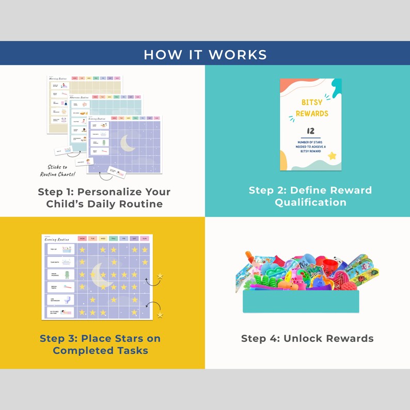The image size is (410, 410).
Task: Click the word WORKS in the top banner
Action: pyautogui.click(x=239, y=54)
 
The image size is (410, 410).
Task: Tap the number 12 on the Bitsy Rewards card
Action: pyautogui.click(x=310, y=131)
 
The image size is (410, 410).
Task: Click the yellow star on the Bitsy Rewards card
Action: pyautogui.click(x=332, y=155)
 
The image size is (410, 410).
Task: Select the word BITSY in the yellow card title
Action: pyautogui.click(x=312, y=102)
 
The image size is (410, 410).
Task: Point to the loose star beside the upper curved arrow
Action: pyautogui.click(x=160, y=276)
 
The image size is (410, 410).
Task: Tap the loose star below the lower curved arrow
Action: pyautogui.click(x=160, y=314)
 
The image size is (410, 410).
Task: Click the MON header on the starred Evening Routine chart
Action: pyautogui.click(x=82, y=239)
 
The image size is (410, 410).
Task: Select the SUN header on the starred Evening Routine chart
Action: pyautogui.click(x=145, y=239)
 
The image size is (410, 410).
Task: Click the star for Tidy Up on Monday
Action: pyautogui.click(x=82, y=250)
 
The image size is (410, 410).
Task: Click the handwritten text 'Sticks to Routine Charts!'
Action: pyautogui.click(x=58, y=170)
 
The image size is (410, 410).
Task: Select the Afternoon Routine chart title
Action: pyautogui.click(x=79, y=97)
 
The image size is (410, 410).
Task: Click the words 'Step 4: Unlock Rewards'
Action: pyautogui.click(x=307, y=339)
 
